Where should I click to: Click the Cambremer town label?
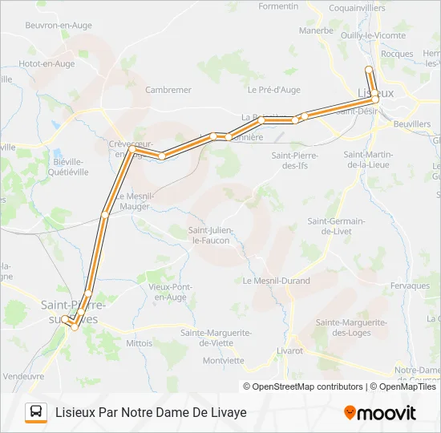tap(168, 90)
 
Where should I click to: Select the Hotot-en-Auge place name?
tap(47, 63)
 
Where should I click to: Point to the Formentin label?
tap(278, 6)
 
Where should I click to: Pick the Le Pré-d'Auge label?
tap(273, 90)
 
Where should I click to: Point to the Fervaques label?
tap(411, 285)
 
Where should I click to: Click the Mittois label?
tap(139, 342)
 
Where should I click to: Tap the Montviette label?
tap(223, 360)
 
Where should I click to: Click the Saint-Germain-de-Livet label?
tap(336, 225)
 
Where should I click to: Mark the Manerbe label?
tap(316, 30)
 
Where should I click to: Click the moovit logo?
tap(379, 413)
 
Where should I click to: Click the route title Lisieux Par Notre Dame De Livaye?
tap(151, 412)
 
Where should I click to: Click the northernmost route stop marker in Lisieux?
tap(369, 69)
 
